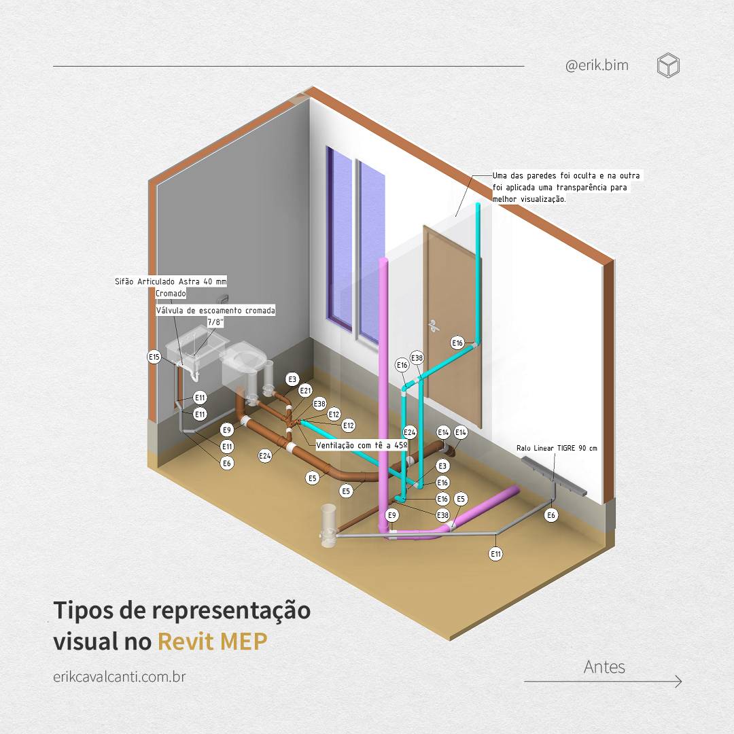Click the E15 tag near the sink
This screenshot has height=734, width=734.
coord(154,357)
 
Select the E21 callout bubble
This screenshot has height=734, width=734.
coord(305,390)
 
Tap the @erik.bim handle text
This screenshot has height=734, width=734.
coord(597,65)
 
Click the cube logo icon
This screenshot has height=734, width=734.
coord(668,65)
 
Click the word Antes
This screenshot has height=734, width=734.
coord(604,667)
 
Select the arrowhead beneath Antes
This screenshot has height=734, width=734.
coord(678,682)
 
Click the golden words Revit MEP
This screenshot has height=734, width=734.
coord(213,641)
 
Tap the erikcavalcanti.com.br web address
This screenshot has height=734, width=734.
coord(120,677)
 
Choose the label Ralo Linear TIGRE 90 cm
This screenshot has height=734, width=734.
coord(557,448)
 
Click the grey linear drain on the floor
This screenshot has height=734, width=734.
coord(553,475)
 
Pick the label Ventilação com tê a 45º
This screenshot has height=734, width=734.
coord(362,445)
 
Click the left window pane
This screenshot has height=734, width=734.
coord(339,239)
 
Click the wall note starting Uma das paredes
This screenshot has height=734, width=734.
coord(566,188)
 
